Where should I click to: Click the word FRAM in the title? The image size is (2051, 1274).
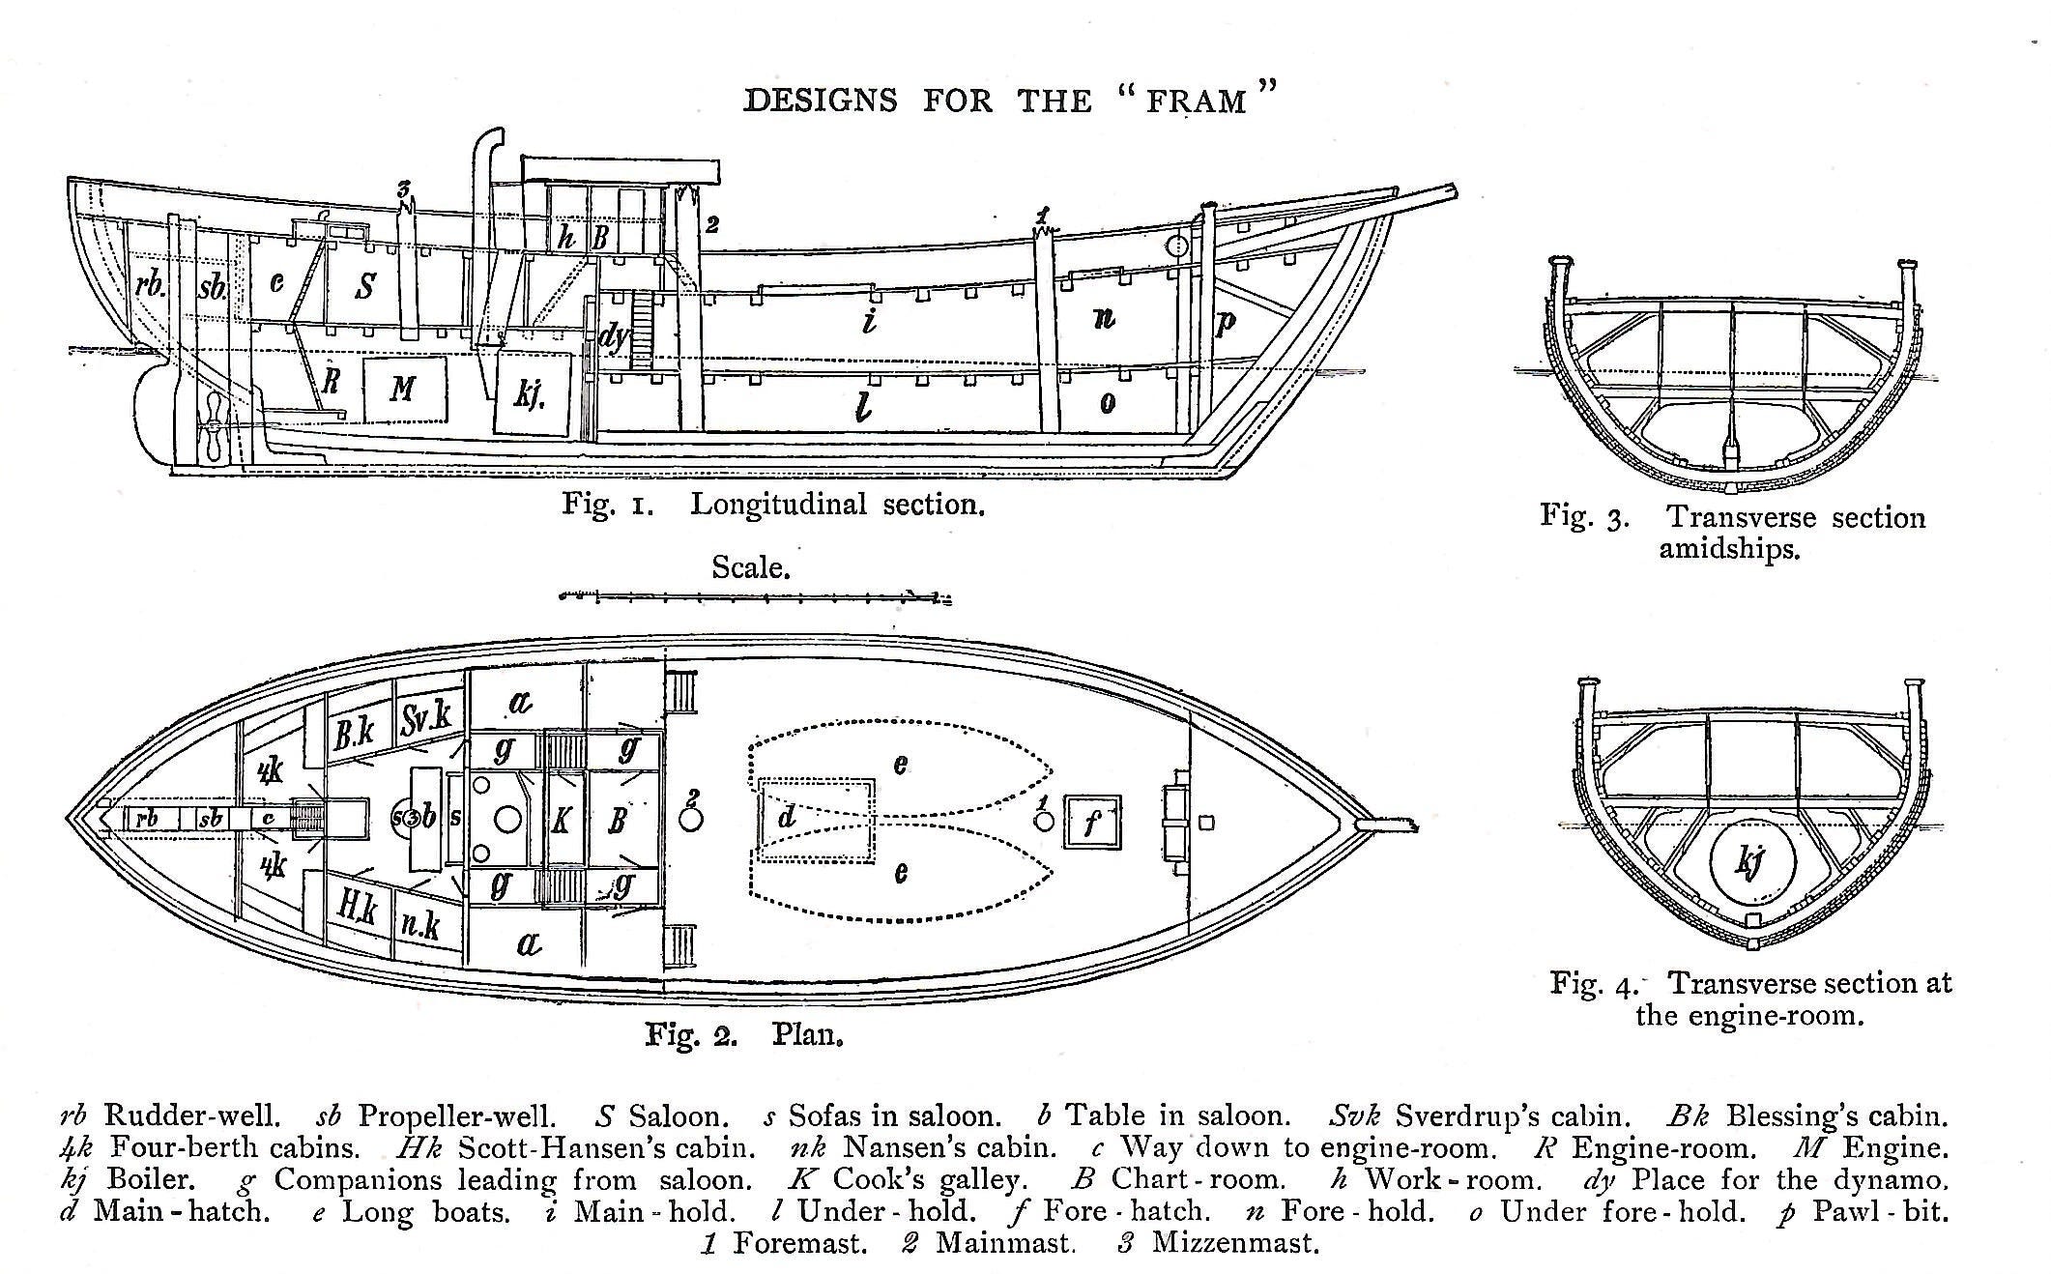(x=1196, y=101)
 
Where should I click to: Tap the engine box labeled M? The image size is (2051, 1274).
(x=405, y=389)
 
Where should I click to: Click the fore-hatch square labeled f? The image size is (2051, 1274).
(x=1092, y=822)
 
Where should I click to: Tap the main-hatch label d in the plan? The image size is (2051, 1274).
(x=787, y=819)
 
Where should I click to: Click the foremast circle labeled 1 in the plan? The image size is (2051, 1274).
(x=1043, y=821)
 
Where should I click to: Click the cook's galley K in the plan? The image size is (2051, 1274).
(x=561, y=821)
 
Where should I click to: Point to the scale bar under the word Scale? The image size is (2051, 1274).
(x=755, y=597)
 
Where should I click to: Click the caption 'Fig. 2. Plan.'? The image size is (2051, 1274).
(x=744, y=1035)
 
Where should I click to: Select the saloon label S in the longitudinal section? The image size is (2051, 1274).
(x=365, y=286)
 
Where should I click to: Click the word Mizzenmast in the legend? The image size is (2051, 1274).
(x=1234, y=1242)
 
